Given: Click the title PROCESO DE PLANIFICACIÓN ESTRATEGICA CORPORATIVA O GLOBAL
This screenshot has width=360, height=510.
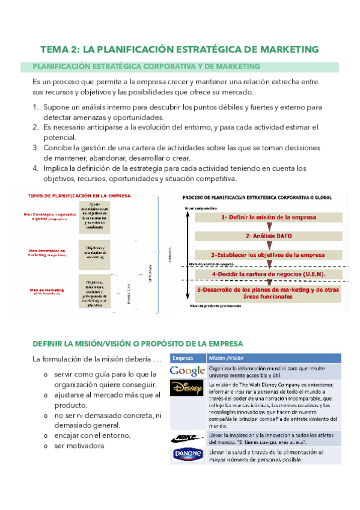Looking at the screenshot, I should [x=261, y=197].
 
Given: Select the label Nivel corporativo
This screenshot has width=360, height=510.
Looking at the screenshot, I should [x=201, y=207].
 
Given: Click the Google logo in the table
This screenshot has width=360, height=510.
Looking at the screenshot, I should [x=187, y=371].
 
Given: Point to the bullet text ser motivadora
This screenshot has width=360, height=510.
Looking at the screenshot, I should [x=78, y=446].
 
